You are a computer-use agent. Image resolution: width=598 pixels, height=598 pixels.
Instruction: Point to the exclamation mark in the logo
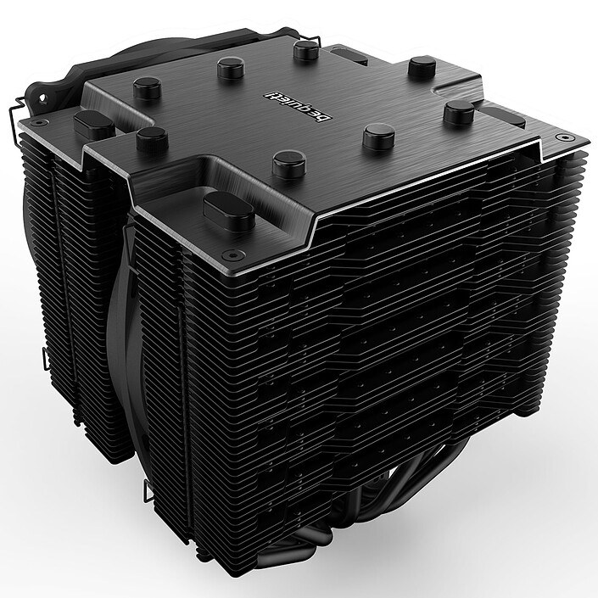pyautogui.click(x=271, y=94)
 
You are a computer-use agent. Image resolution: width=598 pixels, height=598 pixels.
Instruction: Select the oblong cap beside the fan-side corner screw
pyautogui.click(x=94, y=124)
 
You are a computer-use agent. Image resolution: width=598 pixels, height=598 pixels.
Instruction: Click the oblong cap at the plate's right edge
pyautogui.click(x=506, y=115)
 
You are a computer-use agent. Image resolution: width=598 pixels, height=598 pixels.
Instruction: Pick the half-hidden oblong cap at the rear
pyautogui.click(x=348, y=54)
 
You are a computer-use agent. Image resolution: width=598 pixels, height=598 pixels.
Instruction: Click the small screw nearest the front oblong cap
pyautogui.click(x=227, y=254)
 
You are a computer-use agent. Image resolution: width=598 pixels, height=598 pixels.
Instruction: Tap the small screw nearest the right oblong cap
pyautogui.click(x=561, y=137)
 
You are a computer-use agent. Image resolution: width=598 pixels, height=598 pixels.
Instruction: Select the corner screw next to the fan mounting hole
pyautogui.click(x=38, y=122)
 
